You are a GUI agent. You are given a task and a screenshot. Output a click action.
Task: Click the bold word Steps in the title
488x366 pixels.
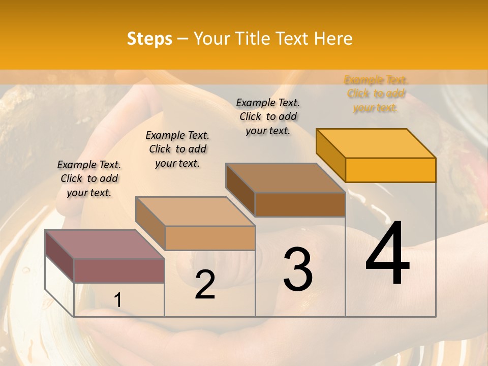point(149,39)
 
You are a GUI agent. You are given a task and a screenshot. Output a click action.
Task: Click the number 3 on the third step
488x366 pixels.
point(298,269)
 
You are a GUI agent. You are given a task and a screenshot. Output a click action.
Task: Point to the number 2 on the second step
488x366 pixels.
point(205,285)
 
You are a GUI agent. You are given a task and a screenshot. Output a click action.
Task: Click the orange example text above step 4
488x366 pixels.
point(376,94)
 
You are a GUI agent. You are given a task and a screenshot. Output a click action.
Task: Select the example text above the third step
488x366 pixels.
point(268,116)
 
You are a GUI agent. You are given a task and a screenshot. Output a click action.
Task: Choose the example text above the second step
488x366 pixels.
point(177,149)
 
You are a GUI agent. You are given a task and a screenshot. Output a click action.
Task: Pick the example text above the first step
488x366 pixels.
point(89,178)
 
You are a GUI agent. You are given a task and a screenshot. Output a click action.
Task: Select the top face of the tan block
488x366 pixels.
point(195,211)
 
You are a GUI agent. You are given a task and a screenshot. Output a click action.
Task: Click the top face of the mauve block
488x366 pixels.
point(105,245)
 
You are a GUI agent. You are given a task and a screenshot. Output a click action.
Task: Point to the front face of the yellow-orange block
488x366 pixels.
point(390,170)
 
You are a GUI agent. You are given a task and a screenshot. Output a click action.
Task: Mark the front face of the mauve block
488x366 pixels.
point(119,270)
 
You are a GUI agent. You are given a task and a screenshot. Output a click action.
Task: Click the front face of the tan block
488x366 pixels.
point(210,238)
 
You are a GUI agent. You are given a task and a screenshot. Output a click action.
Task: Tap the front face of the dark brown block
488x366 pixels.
point(300,204)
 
